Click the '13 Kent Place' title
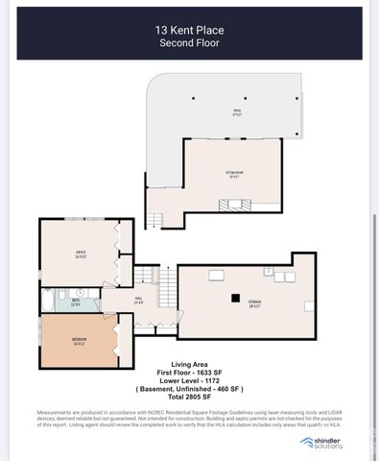coord(189,30)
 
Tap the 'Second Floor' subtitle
coord(189,43)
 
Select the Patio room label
coord(236,112)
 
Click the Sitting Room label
coord(233,175)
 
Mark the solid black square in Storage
coord(233,297)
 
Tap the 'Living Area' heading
coord(188,365)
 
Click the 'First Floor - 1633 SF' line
coord(188,373)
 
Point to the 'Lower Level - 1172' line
coord(188,380)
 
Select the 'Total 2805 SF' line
coord(188,396)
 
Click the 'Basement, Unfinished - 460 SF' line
coord(188,388)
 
